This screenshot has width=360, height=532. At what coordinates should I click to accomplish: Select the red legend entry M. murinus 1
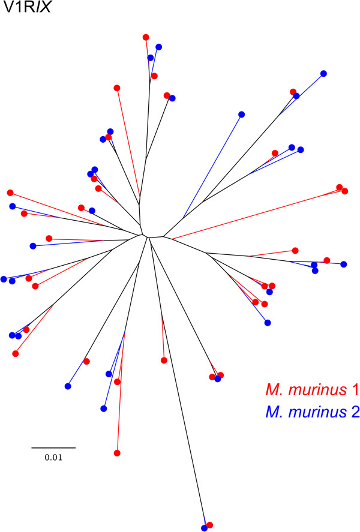312,390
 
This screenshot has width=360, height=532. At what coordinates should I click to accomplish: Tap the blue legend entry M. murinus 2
312,413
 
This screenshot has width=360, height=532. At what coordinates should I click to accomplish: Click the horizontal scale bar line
53,447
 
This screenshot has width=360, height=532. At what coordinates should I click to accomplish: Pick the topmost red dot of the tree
146,37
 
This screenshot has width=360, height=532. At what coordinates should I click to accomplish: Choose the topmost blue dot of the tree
158,47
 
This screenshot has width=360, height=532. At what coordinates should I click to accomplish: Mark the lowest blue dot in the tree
204,528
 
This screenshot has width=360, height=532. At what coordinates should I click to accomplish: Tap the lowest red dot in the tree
209,525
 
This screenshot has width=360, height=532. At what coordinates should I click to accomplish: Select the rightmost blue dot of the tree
344,264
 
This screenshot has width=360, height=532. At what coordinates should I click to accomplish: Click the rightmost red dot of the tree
344,191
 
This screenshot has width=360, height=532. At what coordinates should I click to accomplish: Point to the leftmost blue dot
4,279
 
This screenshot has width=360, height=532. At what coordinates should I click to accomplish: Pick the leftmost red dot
10,193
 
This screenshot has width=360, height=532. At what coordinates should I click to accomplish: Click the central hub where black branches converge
147,235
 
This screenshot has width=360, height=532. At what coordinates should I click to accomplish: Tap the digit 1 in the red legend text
355,390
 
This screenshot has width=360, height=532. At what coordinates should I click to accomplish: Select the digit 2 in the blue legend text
355,413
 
